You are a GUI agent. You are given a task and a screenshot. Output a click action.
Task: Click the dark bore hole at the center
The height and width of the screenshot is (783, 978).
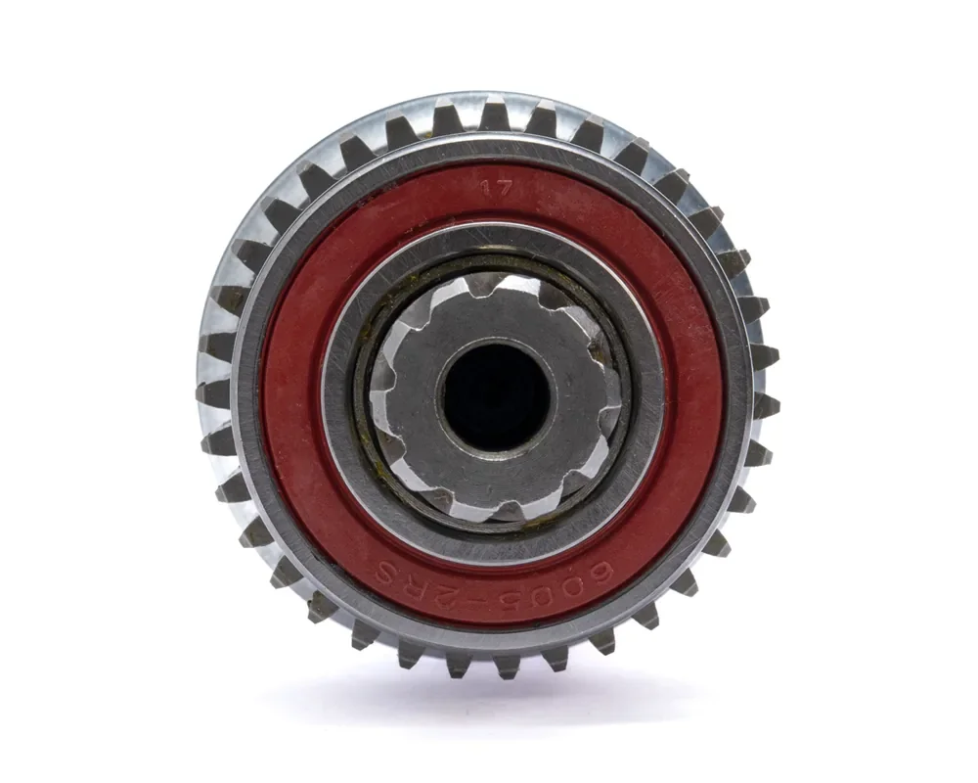[496, 397]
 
